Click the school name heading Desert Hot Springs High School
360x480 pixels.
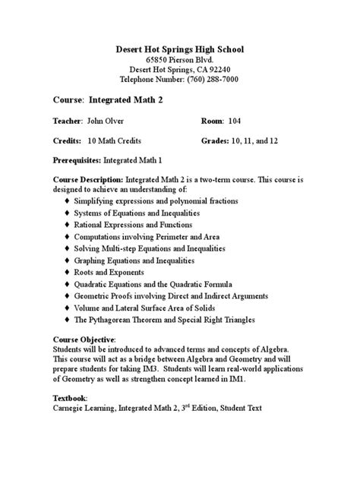click(179, 49)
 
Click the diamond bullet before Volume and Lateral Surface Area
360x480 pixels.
click(67, 308)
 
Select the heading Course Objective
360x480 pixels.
click(84, 339)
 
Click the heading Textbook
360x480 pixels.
click(70, 397)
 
